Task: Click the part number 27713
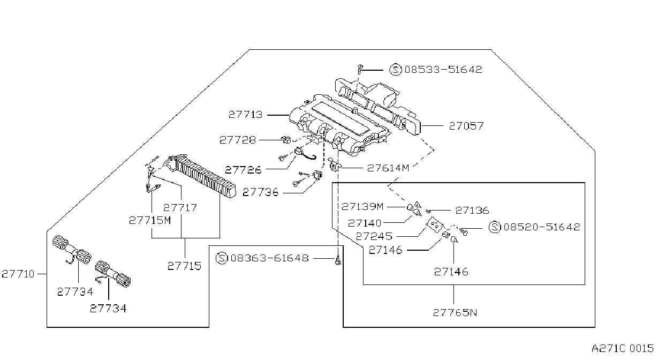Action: click(245, 115)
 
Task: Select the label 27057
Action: click(466, 126)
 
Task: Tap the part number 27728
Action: click(238, 140)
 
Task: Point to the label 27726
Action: click(243, 170)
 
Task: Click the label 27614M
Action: click(388, 168)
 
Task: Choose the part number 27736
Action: click(261, 192)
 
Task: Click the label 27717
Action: click(180, 208)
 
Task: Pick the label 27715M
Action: click(150, 220)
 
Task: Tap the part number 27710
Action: click(18, 274)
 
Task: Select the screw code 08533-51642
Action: click(443, 70)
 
